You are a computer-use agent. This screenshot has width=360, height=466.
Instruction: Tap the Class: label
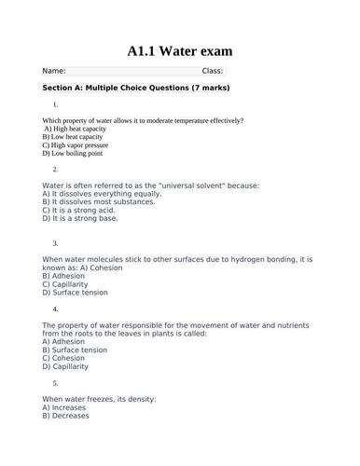tap(213, 71)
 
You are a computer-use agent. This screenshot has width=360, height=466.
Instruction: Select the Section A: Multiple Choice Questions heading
tap(136, 88)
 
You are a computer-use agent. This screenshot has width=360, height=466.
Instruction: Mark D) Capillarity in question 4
tap(66, 366)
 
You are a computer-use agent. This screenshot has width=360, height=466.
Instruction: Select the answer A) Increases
tap(66, 407)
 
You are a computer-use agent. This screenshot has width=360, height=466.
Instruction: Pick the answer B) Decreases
tap(66, 416)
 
